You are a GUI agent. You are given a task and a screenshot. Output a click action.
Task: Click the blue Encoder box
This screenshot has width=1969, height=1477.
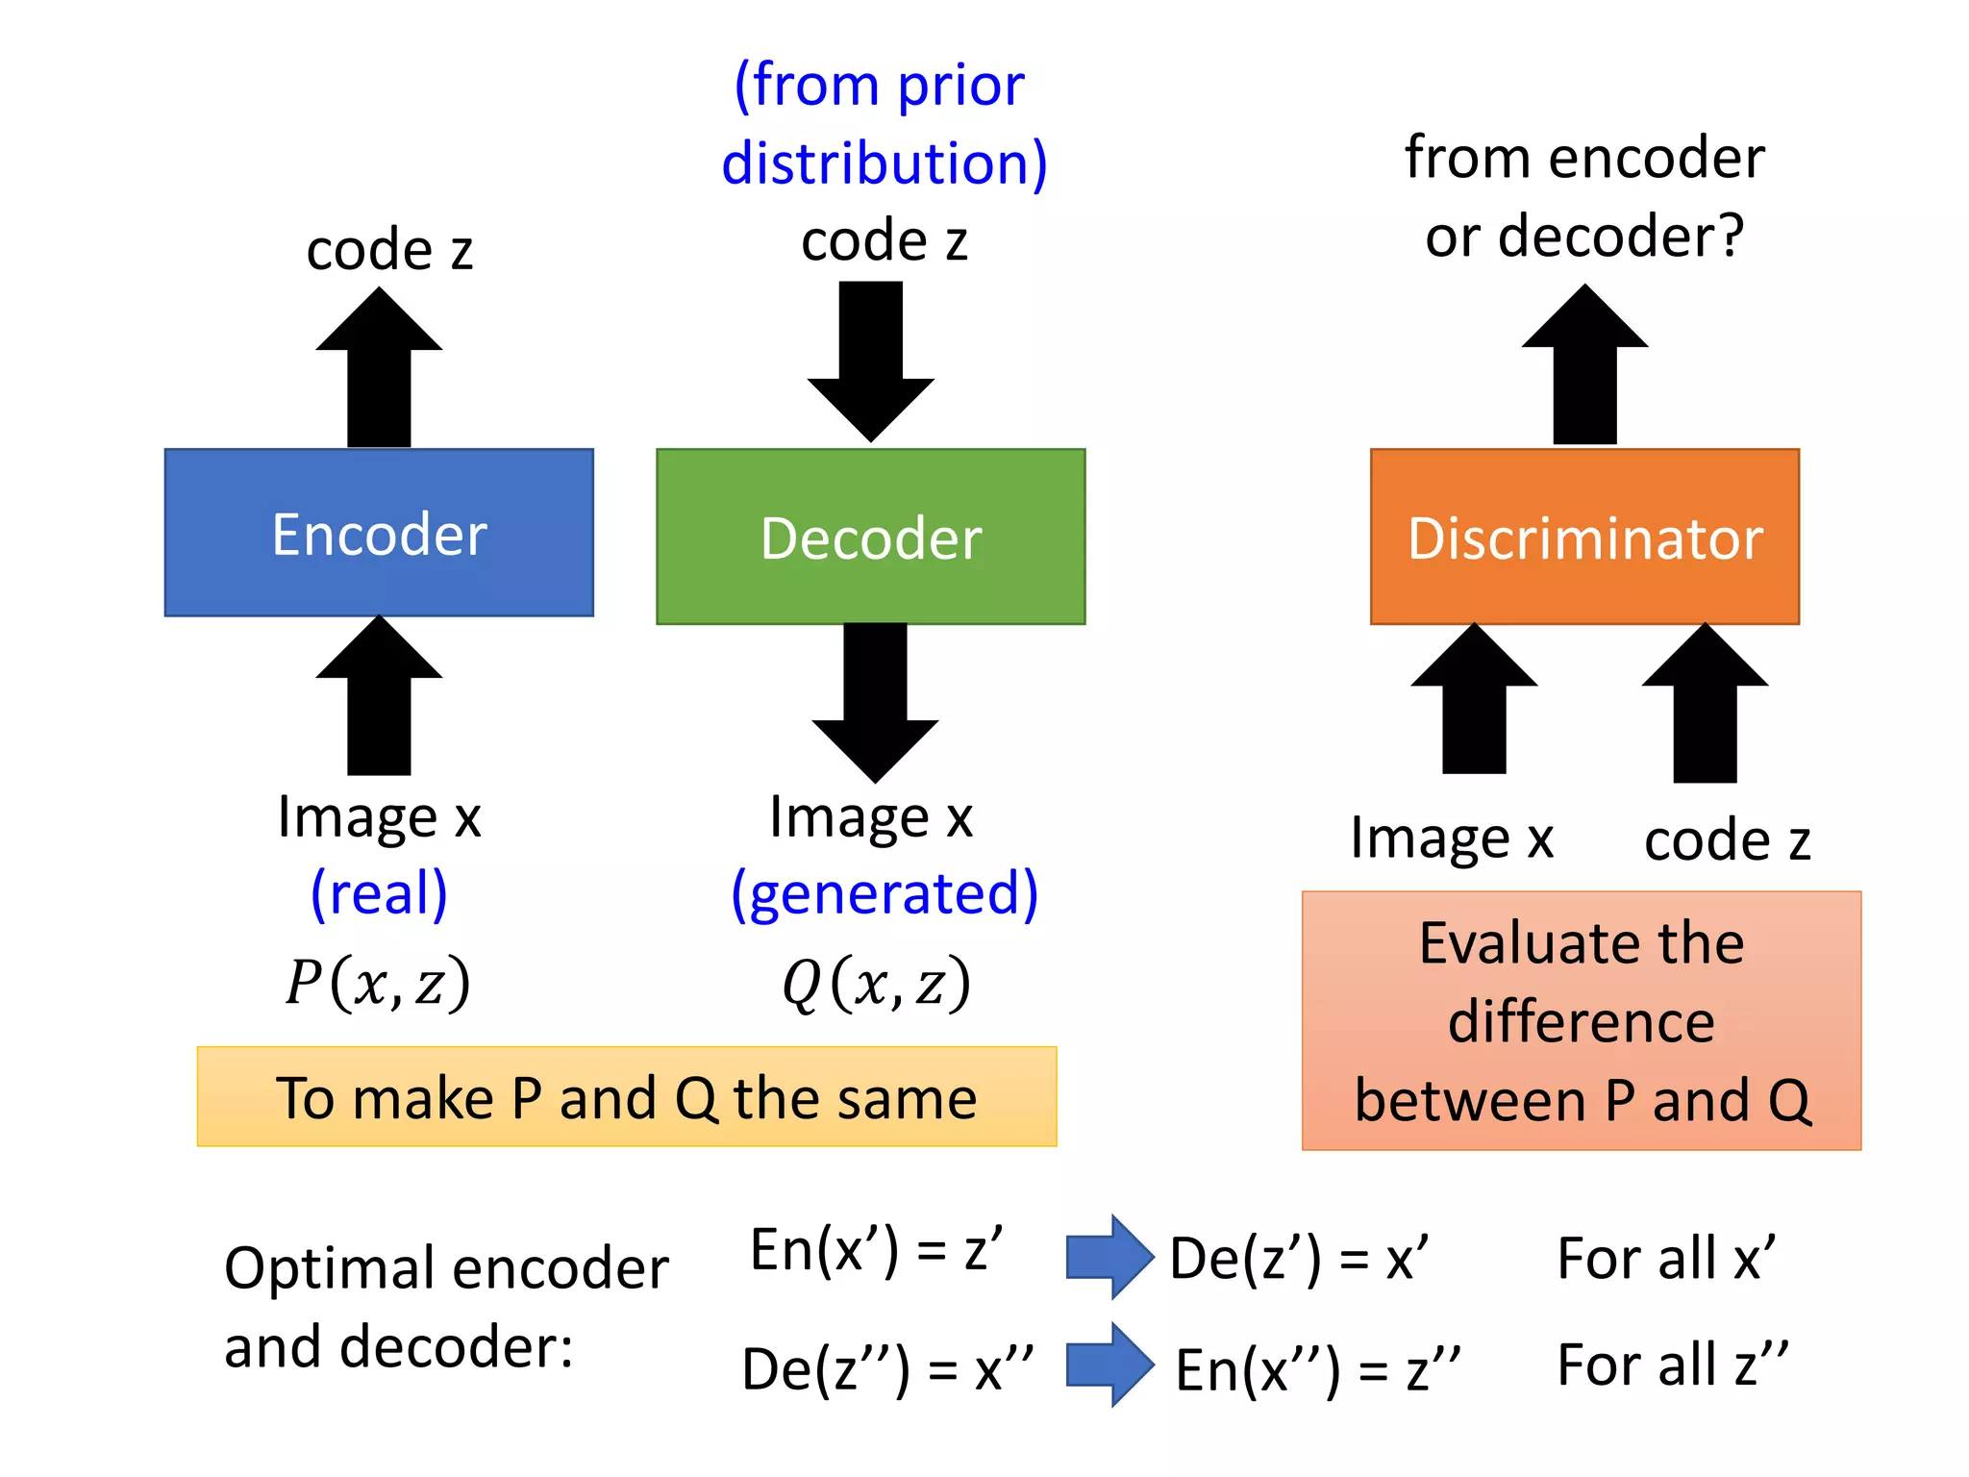(x=379, y=532)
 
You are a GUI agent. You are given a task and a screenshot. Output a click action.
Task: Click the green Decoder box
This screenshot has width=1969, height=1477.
(x=870, y=537)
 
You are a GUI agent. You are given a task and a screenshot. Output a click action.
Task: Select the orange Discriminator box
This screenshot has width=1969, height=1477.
(x=1584, y=537)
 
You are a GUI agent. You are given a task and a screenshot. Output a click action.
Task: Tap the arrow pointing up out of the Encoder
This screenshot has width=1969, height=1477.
(x=379, y=370)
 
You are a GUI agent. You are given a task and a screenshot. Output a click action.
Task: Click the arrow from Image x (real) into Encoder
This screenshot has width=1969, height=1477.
(x=379, y=697)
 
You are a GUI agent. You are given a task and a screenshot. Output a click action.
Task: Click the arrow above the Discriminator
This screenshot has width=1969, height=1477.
(x=1584, y=365)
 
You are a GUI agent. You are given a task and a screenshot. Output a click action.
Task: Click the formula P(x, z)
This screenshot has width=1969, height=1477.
(x=378, y=983)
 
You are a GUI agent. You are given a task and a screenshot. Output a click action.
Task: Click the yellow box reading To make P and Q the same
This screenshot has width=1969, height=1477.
(x=627, y=1096)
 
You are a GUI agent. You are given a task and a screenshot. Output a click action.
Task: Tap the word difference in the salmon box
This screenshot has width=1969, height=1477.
(x=1582, y=1021)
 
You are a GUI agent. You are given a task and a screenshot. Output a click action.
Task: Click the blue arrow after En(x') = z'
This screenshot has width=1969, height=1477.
(x=1109, y=1257)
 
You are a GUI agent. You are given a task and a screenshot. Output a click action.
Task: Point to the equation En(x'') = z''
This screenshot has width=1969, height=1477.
(x=1317, y=1369)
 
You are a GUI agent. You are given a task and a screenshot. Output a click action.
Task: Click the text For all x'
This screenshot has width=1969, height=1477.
(x=1666, y=1258)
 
